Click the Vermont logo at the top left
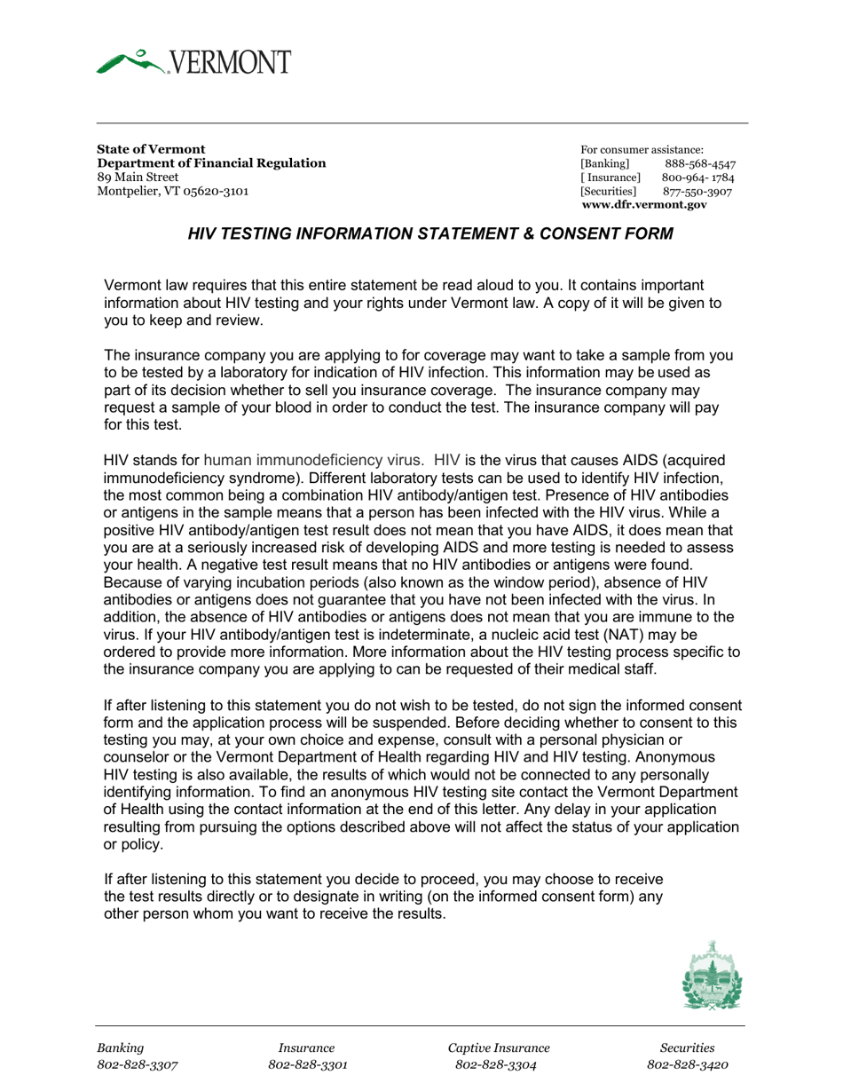click(x=193, y=62)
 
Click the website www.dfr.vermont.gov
click(x=644, y=204)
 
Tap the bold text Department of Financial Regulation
click(x=211, y=163)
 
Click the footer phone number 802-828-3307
click(x=138, y=1065)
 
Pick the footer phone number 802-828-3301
click(x=307, y=1065)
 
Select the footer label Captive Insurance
click(x=499, y=1048)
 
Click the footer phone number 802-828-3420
click(x=688, y=1065)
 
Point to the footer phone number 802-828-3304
click(x=495, y=1065)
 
